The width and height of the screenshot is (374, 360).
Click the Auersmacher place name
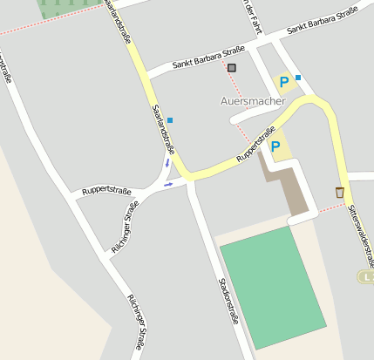pyautogui.click(x=253, y=101)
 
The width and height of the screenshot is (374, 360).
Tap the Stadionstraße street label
pyautogui.click(x=228, y=300)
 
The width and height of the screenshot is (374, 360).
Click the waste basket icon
pyautogui.click(x=339, y=192)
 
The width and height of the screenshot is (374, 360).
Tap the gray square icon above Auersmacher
pyautogui.click(x=232, y=67)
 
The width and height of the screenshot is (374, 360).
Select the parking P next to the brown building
pyautogui.click(x=275, y=146)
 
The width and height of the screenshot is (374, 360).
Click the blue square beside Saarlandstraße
pyautogui.click(x=170, y=120)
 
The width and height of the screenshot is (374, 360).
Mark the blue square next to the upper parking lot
pyautogui.click(x=298, y=78)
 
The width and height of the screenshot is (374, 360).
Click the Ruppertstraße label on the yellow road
pyautogui.click(x=262, y=145)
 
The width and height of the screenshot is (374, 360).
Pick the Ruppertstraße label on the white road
pyautogui.click(x=106, y=189)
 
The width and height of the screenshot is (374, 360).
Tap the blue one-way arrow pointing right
pyautogui.click(x=168, y=184)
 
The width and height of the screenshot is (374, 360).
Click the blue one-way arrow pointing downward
pyautogui.click(x=167, y=163)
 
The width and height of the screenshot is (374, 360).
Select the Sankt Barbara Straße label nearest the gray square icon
pyautogui.click(x=207, y=58)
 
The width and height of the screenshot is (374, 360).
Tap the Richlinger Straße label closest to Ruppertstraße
pyautogui.click(x=126, y=228)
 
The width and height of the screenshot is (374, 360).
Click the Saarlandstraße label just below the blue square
pyautogui.click(x=163, y=131)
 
